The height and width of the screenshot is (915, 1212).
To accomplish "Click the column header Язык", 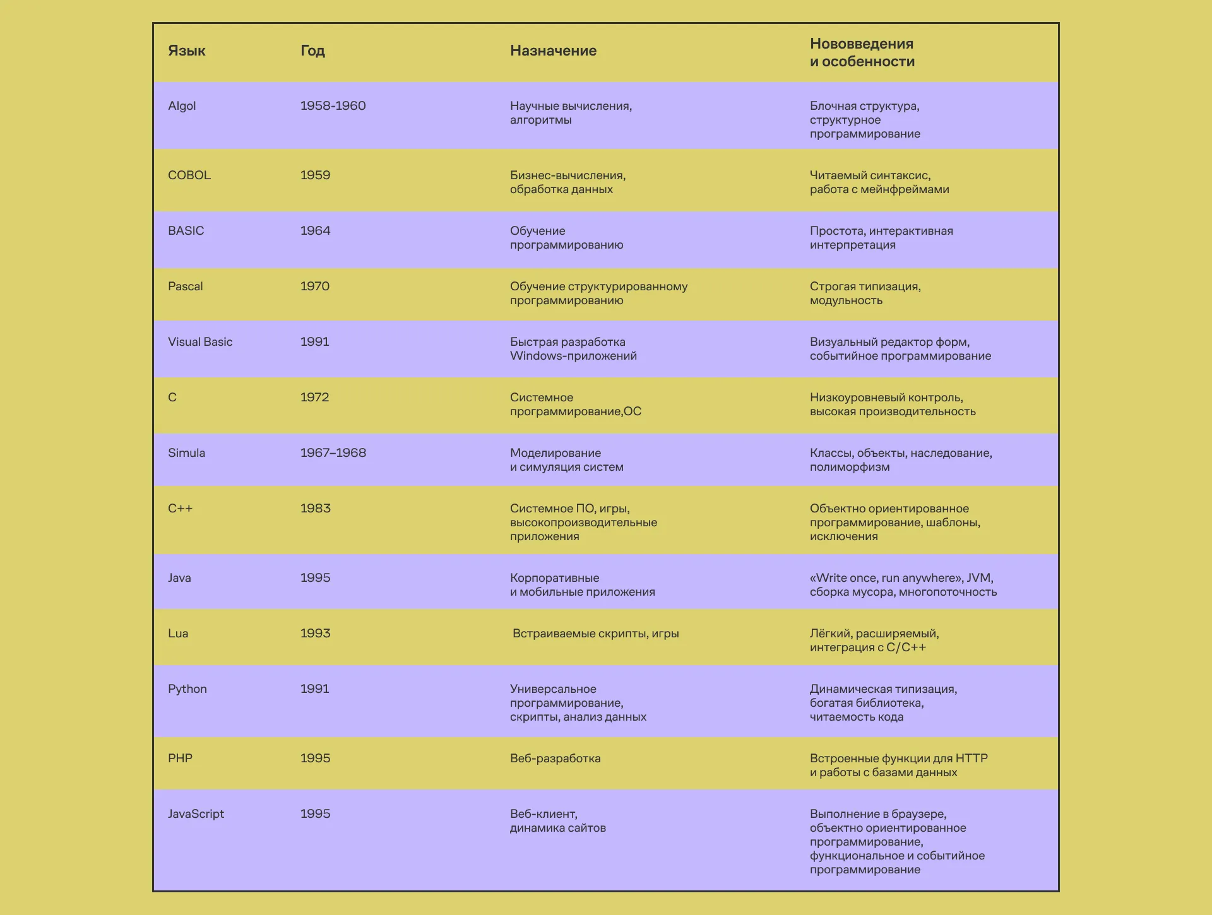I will pyautogui.click(x=186, y=50).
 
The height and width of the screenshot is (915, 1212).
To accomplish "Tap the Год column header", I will pyautogui.click(x=312, y=50).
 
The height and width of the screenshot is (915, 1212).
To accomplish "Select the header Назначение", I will pyautogui.click(x=553, y=50).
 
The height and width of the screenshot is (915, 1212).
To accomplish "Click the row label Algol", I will pyautogui.click(x=182, y=106).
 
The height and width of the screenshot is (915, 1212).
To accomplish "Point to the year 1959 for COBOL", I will pyautogui.click(x=315, y=175).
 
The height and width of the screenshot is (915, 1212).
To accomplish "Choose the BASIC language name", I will pyautogui.click(x=186, y=231).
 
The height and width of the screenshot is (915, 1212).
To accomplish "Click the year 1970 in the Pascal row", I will pyautogui.click(x=315, y=286).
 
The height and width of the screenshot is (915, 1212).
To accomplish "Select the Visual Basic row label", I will pyautogui.click(x=200, y=342).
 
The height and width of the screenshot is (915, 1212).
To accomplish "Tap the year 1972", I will pyautogui.click(x=314, y=398).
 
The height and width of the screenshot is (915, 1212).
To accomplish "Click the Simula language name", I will pyautogui.click(x=186, y=453).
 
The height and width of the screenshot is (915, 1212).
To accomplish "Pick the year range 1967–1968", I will pyautogui.click(x=333, y=453).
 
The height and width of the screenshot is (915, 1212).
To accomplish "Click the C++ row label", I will pyautogui.click(x=180, y=509).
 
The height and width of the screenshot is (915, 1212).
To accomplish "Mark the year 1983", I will pyautogui.click(x=315, y=509).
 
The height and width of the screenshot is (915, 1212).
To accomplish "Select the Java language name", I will pyautogui.click(x=179, y=578).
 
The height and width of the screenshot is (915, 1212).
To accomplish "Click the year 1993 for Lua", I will pyautogui.click(x=315, y=634).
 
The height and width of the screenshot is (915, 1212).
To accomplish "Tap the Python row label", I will pyautogui.click(x=187, y=689).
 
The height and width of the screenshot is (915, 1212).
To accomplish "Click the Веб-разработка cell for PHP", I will pyautogui.click(x=555, y=759).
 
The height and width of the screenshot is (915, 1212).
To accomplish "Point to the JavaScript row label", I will pyautogui.click(x=196, y=814).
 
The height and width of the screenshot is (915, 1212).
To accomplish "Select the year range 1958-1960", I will pyautogui.click(x=333, y=106).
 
